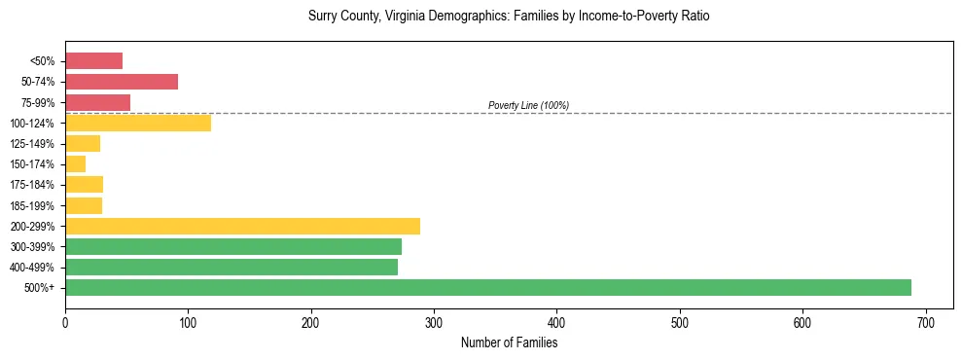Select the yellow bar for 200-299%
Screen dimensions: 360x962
click(x=242, y=226)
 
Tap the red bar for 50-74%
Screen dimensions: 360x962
click(x=122, y=82)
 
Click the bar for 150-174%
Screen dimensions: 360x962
click(x=76, y=164)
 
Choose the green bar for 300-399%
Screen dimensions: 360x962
click(x=233, y=246)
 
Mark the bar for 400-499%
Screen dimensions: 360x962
click(x=232, y=267)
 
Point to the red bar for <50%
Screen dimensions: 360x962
click(x=93, y=61)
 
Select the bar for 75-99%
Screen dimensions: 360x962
click(x=97, y=102)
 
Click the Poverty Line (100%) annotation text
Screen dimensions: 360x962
click(x=528, y=105)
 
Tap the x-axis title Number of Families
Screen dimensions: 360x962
click(x=509, y=342)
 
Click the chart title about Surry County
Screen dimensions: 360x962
click(x=509, y=17)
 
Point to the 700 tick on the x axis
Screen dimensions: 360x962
click(x=926, y=322)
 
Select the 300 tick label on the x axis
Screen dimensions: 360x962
click(x=434, y=322)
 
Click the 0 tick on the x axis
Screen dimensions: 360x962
click(x=65, y=322)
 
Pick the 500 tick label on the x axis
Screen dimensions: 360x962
click(x=680, y=322)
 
